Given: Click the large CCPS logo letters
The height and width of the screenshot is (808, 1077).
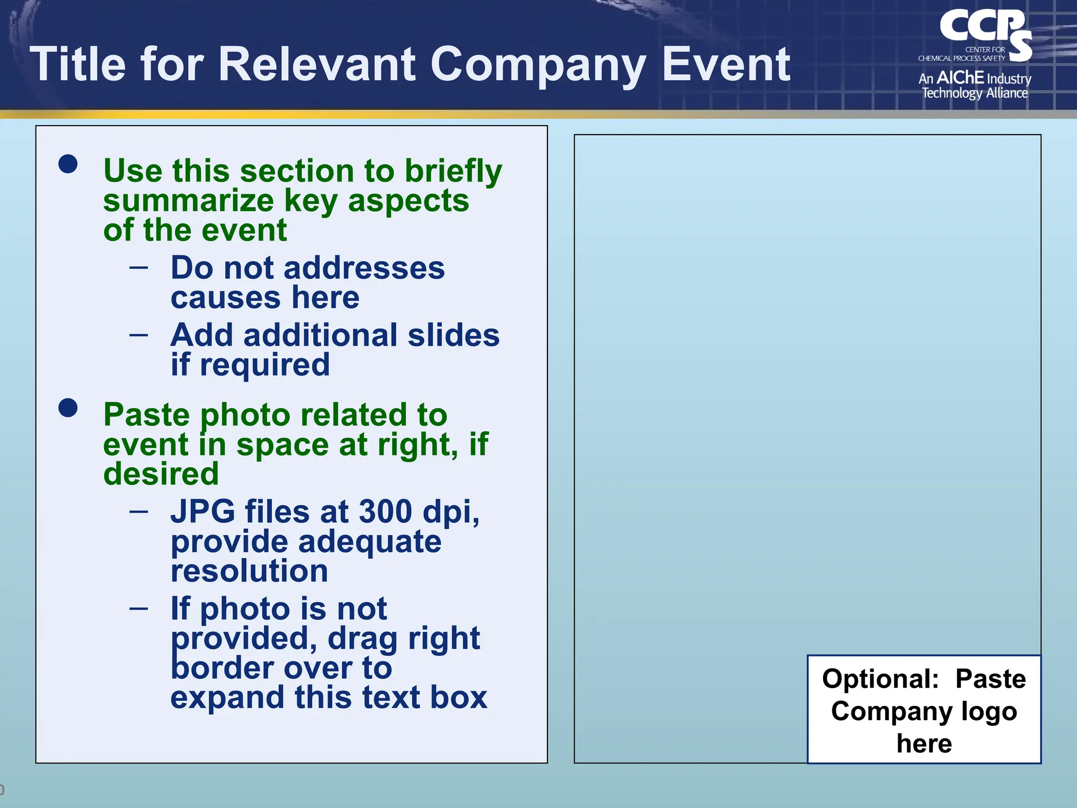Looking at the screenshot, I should pos(983,29).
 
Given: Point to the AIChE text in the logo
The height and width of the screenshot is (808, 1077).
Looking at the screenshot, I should pos(960,78).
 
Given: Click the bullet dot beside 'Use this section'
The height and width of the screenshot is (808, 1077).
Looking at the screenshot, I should pos(68,164).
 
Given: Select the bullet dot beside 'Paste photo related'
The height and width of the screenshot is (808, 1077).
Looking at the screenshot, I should pos(68,408).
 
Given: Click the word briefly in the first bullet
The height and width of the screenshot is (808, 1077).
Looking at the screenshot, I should pos(453,171).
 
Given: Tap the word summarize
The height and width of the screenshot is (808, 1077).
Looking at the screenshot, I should pos(188,201).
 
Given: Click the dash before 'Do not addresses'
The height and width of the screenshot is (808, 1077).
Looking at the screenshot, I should pos(139,267).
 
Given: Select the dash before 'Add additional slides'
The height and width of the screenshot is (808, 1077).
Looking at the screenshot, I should pos(139,335).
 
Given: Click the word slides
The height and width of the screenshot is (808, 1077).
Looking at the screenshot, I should pos(453,335).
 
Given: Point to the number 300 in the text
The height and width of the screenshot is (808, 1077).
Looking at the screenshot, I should pos(385,511).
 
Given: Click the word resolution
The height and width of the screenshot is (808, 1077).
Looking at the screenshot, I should pos(249,571).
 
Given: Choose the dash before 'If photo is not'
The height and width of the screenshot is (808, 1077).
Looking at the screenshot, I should pos(139,608).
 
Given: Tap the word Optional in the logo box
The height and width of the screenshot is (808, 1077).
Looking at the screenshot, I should pos(880,679).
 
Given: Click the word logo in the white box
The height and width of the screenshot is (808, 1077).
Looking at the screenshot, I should pos(989,712).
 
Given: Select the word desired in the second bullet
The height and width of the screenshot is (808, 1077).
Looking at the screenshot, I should pos(161,474).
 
